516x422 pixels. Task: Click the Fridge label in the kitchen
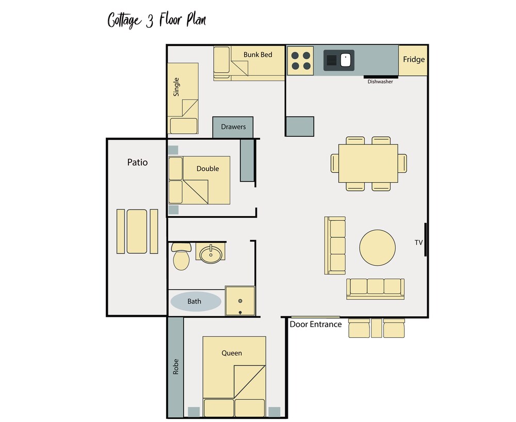[x=414, y=59]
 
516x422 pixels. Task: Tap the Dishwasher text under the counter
[x=380, y=82]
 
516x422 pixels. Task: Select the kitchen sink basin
[x=339, y=60]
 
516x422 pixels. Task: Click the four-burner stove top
[x=301, y=61]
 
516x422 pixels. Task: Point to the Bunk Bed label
[x=257, y=55]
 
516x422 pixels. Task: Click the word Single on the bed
[x=176, y=87]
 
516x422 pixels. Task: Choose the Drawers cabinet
[x=233, y=127]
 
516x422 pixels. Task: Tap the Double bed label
[x=207, y=169]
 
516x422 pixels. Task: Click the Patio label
[x=138, y=162]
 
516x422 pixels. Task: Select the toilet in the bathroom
[x=181, y=256]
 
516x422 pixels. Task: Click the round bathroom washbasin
[x=211, y=254]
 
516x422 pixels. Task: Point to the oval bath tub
[x=196, y=301]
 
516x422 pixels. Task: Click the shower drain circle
[x=240, y=301]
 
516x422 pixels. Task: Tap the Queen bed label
[x=232, y=353]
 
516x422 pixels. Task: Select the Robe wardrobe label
[x=176, y=367]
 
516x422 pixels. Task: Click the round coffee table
[x=378, y=248]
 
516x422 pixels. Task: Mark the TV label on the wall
[x=418, y=243]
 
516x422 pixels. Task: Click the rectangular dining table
[x=368, y=163]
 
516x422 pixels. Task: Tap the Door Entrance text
[x=316, y=324]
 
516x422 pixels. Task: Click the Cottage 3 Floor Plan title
[x=157, y=20]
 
